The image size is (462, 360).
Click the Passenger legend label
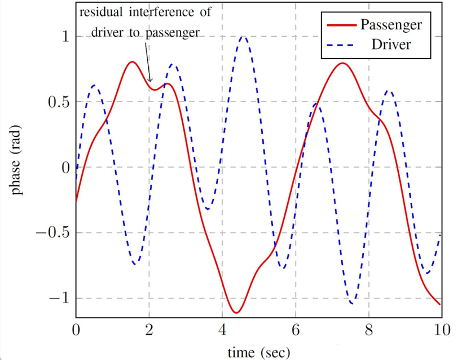390,25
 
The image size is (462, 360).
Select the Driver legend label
390,44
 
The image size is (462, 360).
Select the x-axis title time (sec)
258,353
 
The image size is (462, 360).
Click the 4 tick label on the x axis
222,330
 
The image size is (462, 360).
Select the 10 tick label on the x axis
442,330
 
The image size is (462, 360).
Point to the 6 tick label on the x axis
296,330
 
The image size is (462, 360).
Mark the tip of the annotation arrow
151,82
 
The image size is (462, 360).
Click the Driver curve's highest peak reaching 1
243,37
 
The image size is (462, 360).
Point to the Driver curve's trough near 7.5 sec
352,304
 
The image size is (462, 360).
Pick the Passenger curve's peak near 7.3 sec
342,63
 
